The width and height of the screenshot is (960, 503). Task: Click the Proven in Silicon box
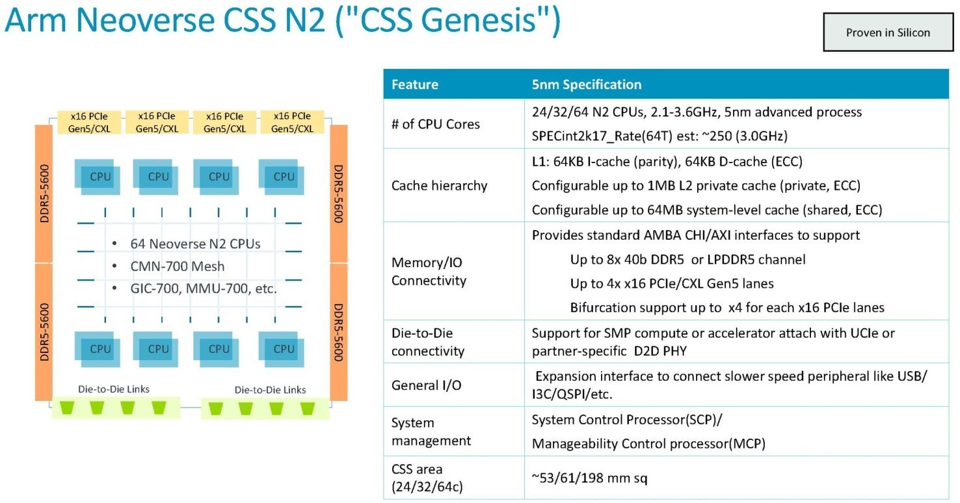888,32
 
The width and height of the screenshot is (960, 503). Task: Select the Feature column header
414,84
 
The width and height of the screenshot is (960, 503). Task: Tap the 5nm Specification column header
586,84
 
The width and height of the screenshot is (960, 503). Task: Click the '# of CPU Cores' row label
435,124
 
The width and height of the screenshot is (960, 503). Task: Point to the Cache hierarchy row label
439,186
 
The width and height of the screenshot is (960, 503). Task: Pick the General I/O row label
427,385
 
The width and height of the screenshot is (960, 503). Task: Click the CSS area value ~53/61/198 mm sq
590,478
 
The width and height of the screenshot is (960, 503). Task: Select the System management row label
431,432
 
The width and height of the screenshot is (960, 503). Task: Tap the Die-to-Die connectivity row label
428,342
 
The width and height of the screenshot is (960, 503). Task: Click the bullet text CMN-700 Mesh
178,266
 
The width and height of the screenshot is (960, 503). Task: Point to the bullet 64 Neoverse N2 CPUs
195,244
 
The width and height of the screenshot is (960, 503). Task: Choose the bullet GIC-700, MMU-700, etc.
204,289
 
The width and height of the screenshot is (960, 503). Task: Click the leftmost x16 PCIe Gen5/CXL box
89,122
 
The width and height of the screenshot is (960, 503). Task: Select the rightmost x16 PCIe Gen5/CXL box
292,122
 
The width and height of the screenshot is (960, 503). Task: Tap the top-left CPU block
98,177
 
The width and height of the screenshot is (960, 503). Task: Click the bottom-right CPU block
282,349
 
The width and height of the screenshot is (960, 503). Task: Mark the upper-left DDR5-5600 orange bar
44,194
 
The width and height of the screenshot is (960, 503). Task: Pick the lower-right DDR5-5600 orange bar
339,332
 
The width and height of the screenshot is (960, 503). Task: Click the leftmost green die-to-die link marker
67,407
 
